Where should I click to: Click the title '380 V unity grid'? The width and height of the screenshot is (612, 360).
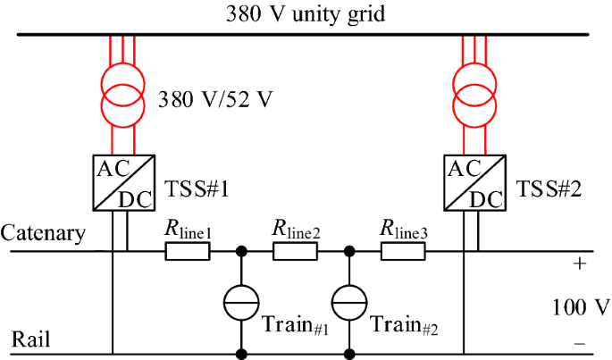click(x=306, y=15)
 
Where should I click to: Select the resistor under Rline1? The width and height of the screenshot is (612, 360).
click(x=188, y=252)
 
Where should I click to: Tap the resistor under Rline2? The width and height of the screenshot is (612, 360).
click(x=296, y=252)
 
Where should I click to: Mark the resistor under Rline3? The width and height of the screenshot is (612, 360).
click(x=404, y=252)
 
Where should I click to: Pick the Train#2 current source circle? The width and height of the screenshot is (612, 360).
click(x=349, y=304)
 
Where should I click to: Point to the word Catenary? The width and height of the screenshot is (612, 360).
click(x=44, y=234)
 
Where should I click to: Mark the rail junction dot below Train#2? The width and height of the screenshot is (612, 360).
click(x=349, y=355)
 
